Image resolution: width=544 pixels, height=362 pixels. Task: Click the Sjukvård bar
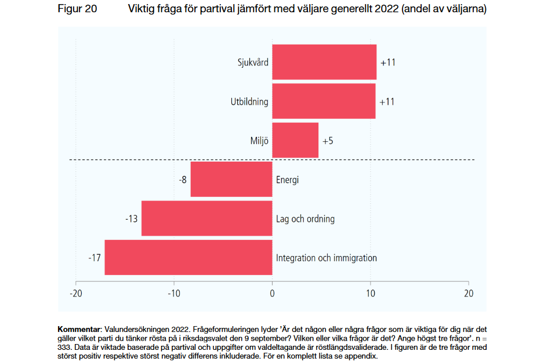coord(324,62)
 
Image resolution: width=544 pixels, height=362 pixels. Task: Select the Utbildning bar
coord(324,101)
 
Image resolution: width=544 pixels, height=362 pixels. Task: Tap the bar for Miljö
coord(295,140)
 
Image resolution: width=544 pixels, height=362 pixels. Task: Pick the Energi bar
coord(231,180)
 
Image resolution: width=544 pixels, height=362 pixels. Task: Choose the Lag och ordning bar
coord(207,219)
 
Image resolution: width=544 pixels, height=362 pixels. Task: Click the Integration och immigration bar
coord(188,258)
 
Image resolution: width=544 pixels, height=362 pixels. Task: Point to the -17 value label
coord(95,258)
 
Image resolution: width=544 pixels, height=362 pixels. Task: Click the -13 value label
coord(132,219)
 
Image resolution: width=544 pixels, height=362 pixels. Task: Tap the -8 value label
coord(183,180)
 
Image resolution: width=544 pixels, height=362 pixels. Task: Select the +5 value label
coord(328,141)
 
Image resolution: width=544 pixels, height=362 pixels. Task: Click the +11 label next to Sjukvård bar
coord(387,63)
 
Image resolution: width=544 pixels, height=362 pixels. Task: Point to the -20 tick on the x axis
coord(75,294)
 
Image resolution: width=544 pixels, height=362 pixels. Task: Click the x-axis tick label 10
coord(370,294)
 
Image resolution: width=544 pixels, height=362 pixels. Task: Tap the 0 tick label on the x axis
coord(272,294)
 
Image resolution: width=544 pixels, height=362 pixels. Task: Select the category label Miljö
coord(259,141)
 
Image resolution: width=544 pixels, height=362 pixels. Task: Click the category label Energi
coord(287,180)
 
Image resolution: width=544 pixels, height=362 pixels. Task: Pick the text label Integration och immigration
coord(327,258)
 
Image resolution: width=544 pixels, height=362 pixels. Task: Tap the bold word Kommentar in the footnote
coord(79,329)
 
